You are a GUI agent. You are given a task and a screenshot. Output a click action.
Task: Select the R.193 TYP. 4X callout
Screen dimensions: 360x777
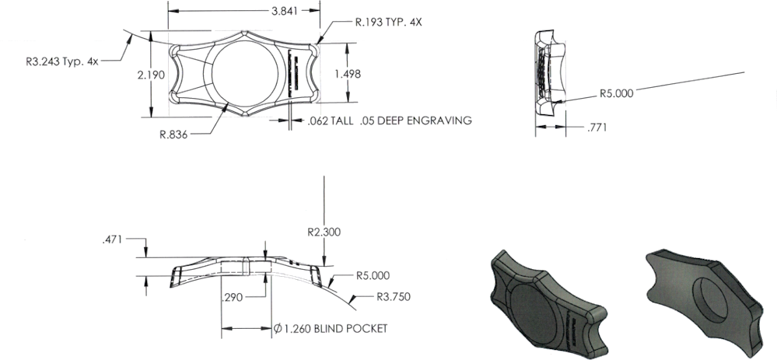(x=389, y=22)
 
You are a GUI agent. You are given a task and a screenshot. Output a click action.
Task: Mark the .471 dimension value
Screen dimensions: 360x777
(x=114, y=243)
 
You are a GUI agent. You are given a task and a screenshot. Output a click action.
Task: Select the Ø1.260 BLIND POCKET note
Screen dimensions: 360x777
(x=331, y=328)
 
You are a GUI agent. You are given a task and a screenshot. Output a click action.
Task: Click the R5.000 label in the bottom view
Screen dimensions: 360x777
(x=373, y=275)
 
